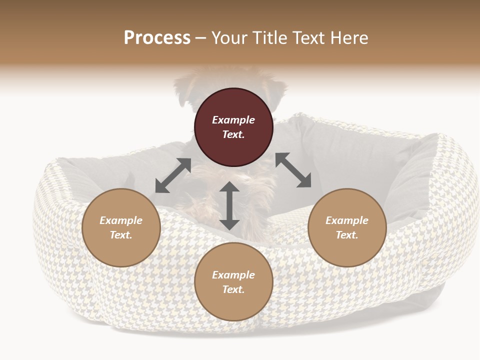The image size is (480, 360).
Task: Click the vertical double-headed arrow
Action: point(229,205)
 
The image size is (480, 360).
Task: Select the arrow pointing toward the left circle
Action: point(173,175)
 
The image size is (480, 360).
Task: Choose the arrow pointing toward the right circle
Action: point(293,170)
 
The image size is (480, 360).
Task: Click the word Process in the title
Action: point(157,37)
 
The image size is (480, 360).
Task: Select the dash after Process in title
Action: point(200,38)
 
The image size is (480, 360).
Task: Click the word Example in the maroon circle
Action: point(233,120)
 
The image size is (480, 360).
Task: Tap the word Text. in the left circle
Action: point(121,235)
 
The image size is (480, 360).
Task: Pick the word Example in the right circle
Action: point(347,220)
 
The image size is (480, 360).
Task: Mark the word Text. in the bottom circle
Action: point(233,289)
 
